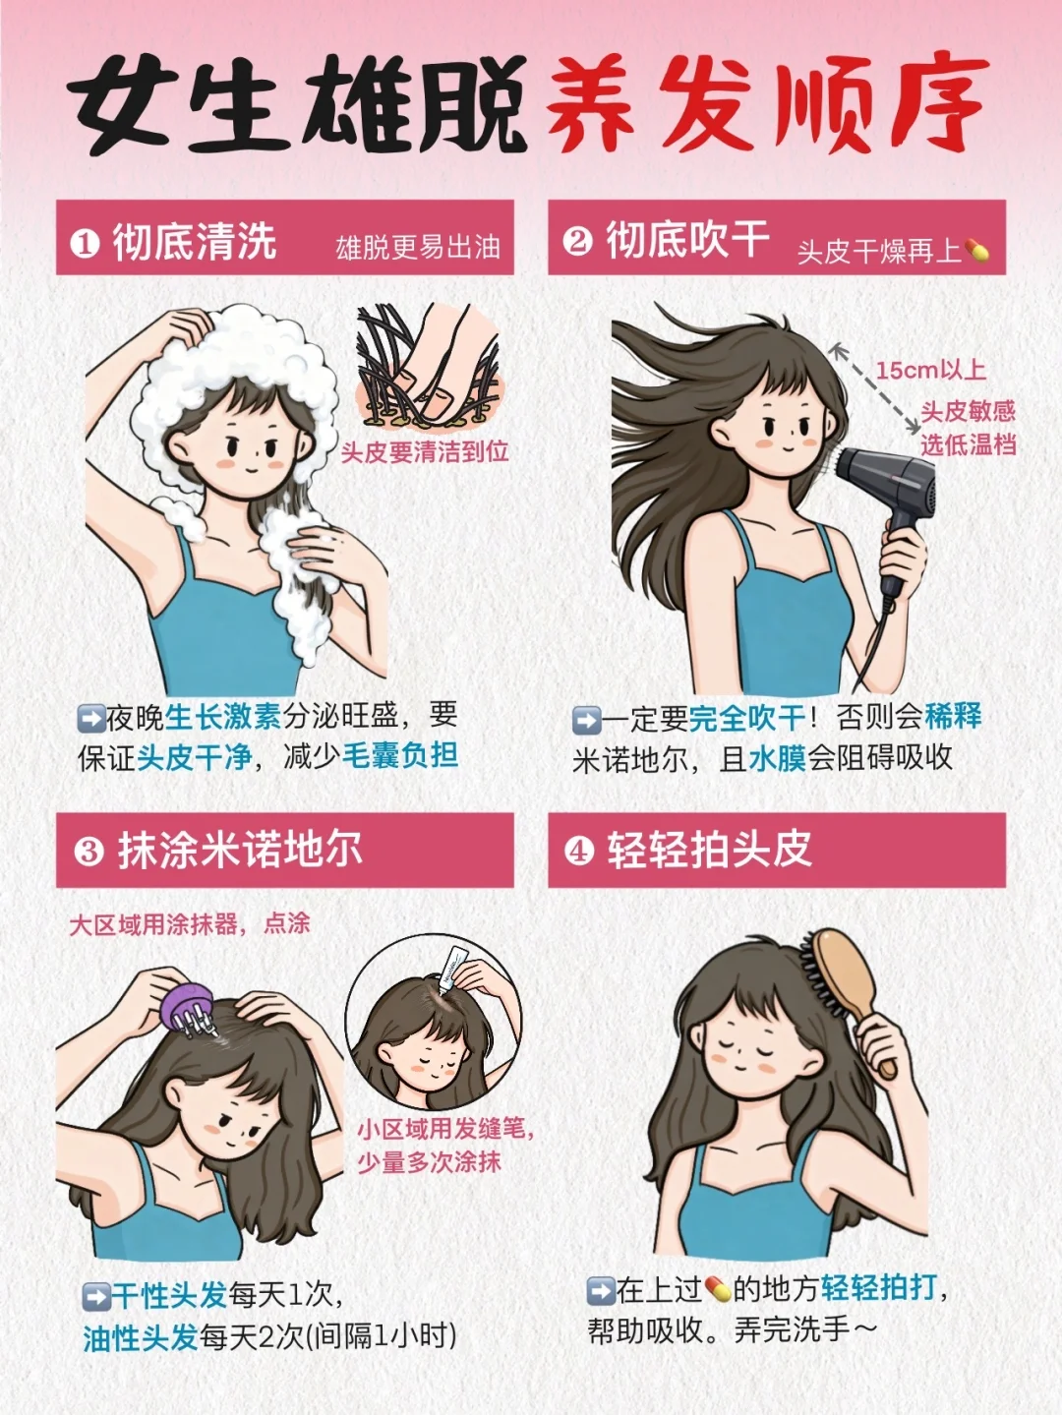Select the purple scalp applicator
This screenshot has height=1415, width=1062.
coord(189,1008)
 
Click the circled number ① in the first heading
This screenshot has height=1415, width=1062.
coord(85,244)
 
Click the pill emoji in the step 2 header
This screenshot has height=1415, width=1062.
coord(976,250)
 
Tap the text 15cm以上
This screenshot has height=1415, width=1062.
coord(931,370)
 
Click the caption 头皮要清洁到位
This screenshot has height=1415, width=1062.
coord(425,451)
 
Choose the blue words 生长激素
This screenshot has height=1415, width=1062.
coord(222,716)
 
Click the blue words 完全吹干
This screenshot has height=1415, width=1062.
coord(747,718)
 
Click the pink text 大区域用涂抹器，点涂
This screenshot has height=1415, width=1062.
coord(190,924)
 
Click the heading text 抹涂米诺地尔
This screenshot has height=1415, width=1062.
coord(240,851)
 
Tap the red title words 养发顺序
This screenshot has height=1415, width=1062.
coord(768,103)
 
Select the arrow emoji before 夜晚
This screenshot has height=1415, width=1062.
coord(90,718)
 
